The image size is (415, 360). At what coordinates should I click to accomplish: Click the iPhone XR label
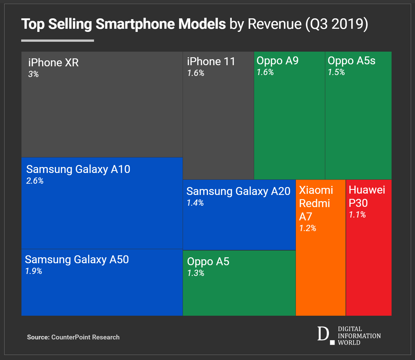(53, 63)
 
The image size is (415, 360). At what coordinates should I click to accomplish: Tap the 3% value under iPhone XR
(33, 74)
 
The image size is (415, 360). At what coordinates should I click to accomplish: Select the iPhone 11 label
(211, 62)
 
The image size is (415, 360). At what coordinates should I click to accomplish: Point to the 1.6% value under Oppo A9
(265, 72)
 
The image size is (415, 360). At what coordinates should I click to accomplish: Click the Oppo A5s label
(351, 61)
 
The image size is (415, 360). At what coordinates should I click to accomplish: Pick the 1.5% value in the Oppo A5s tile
(336, 72)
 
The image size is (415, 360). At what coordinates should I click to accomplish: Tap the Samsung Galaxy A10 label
(78, 169)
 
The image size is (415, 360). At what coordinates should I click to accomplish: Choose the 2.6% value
(35, 181)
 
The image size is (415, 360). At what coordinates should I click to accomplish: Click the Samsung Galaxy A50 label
(77, 260)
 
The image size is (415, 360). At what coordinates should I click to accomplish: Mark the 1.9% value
(34, 271)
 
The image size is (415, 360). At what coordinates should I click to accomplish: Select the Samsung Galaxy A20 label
(238, 191)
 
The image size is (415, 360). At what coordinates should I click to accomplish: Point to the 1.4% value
(195, 203)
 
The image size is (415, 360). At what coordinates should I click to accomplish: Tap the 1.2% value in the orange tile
(307, 228)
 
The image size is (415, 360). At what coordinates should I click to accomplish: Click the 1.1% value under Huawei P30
(357, 215)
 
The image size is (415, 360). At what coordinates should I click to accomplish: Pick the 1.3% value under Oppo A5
(196, 273)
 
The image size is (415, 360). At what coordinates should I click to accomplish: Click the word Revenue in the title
(274, 24)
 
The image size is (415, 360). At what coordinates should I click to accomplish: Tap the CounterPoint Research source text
(85, 337)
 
